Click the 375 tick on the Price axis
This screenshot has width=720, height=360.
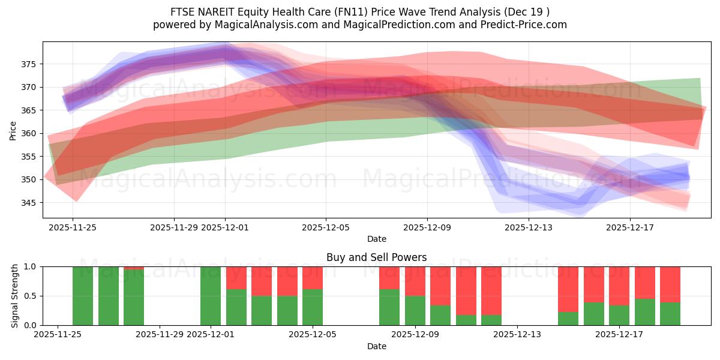point(31,64)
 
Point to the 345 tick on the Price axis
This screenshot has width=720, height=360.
point(31,203)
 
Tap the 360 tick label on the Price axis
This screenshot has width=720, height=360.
point(31,133)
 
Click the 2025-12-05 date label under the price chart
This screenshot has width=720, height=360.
point(326,227)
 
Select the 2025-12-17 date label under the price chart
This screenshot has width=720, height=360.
point(630,227)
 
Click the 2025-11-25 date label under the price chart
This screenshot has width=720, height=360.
point(73,227)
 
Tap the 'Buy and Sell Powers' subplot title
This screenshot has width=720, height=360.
point(376,257)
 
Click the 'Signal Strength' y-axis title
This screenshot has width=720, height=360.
point(15,296)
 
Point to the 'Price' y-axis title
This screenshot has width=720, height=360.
point(13,130)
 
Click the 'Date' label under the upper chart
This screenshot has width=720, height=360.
point(376,239)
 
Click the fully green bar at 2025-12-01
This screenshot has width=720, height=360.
point(211,296)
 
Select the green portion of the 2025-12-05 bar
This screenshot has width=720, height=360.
point(313,307)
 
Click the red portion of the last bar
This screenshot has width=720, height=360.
point(670,284)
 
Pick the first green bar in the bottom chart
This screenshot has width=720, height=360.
point(83,296)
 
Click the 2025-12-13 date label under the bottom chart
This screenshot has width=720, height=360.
point(517,335)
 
